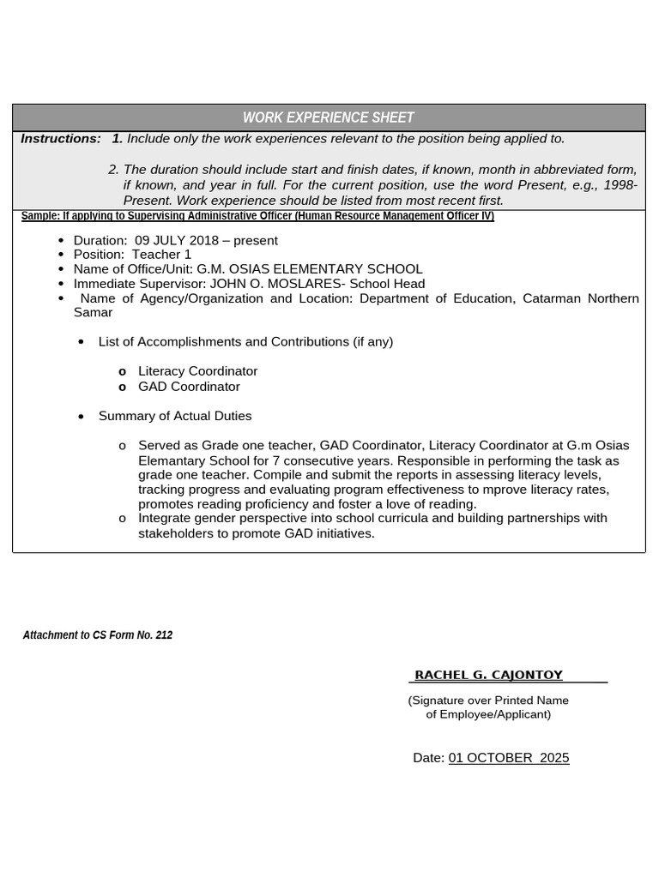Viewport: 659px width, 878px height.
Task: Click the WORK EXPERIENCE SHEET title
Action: (329, 117)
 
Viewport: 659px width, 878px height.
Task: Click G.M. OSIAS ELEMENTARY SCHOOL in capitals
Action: (310, 269)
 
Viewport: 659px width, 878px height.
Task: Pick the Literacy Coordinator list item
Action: (197, 371)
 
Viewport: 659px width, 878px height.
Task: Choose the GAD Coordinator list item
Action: (189, 387)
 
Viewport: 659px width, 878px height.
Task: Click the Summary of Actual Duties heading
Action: (175, 416)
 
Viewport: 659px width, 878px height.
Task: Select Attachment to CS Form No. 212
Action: (98, 635)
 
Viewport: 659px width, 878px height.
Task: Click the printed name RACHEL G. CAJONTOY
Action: (489, 676)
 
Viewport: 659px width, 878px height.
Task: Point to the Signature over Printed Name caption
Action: (488, 701)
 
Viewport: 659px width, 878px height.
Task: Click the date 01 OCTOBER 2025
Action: (508, 758)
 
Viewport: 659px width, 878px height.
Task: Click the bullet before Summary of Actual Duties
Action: (81, 417)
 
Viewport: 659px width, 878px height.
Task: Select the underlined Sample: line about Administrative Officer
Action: (257, 216)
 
